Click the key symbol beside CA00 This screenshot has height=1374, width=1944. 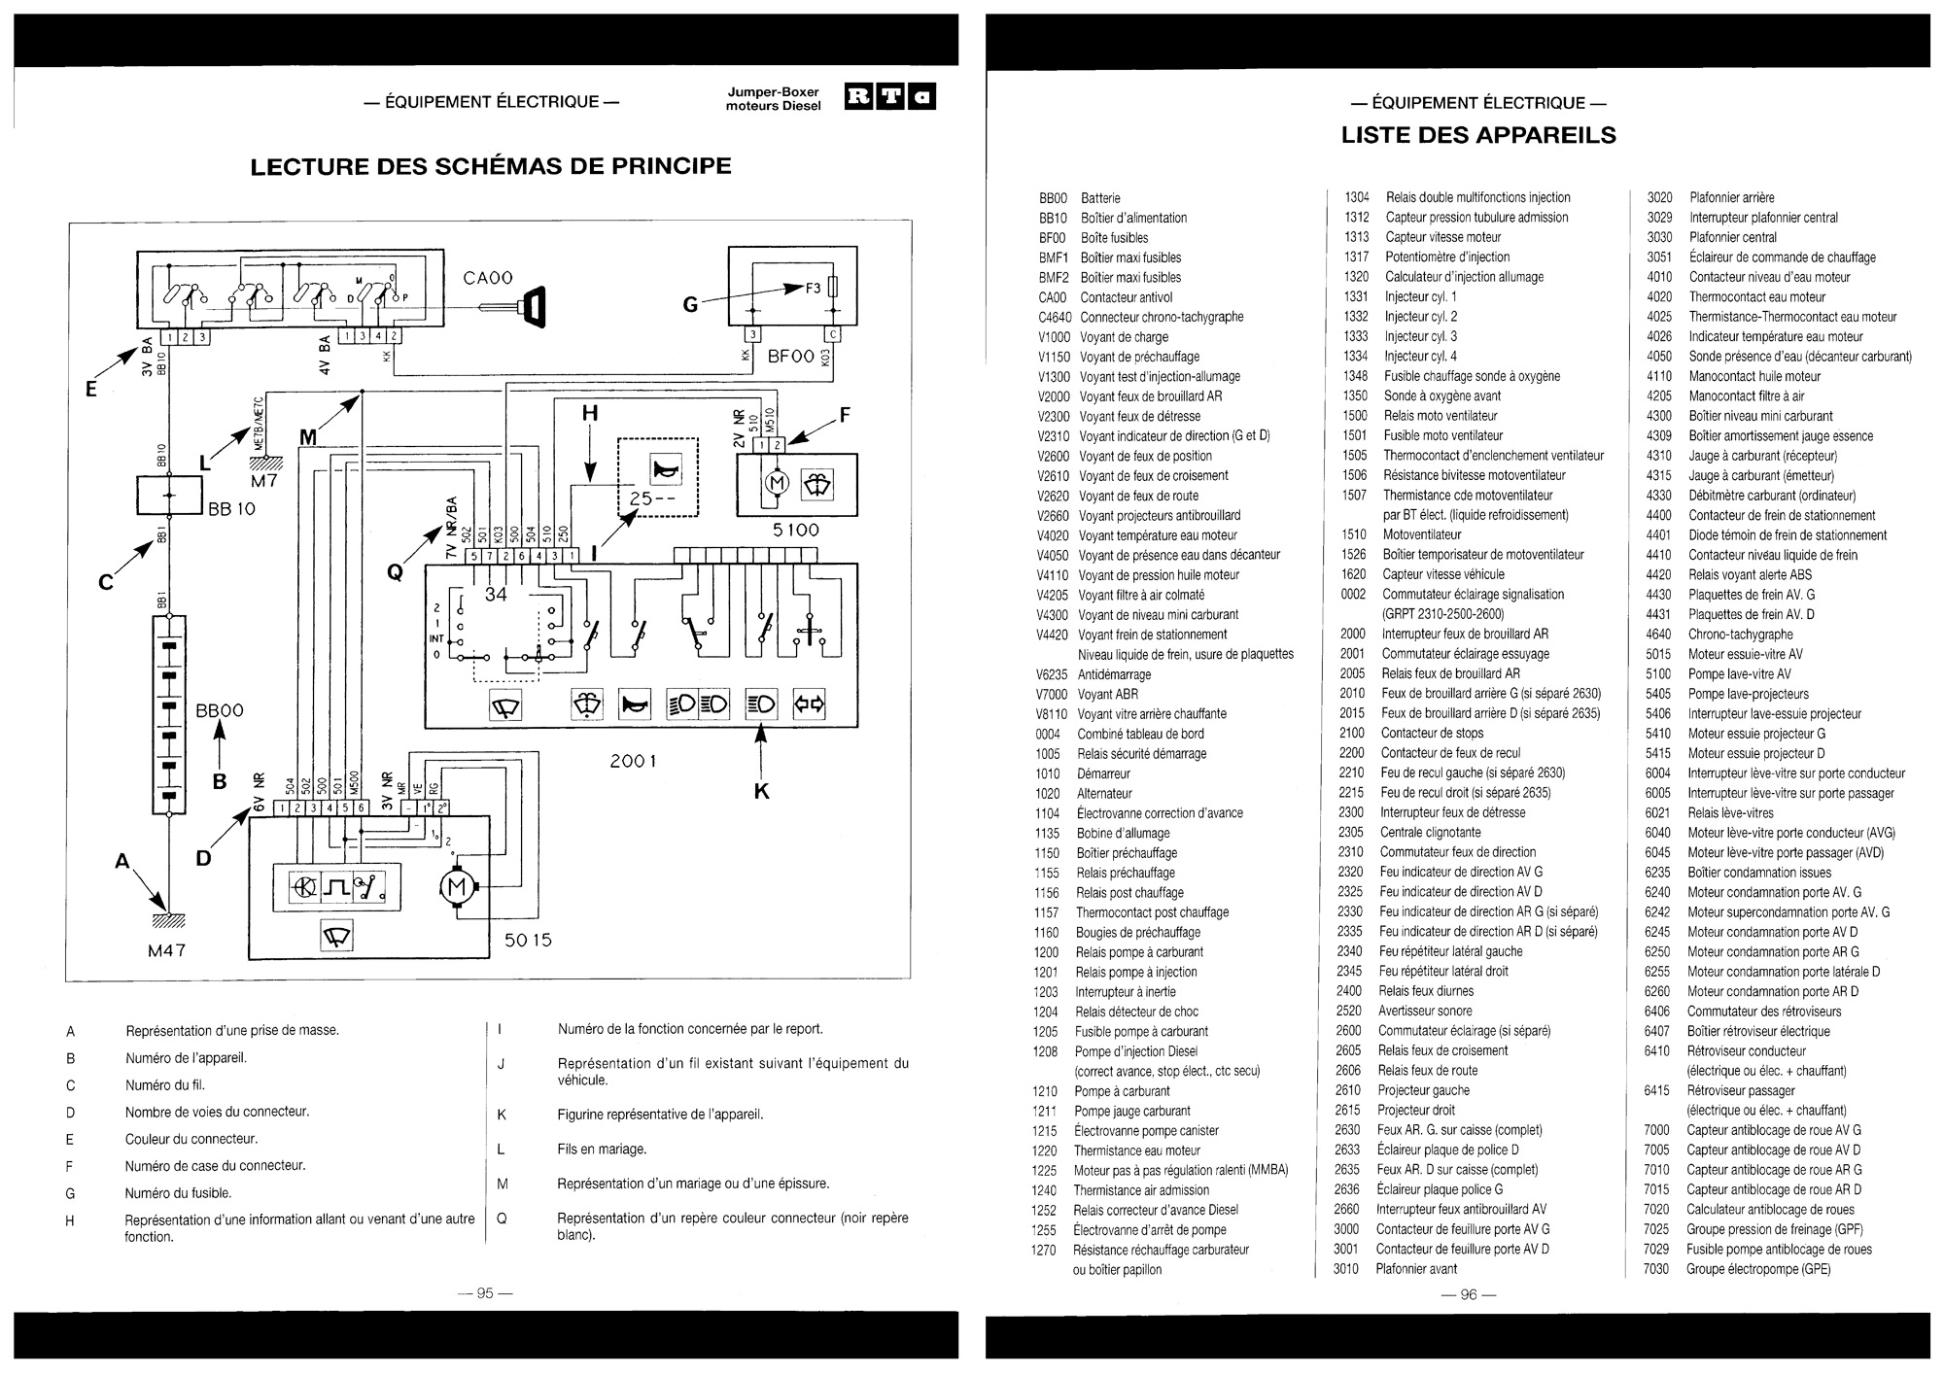(532, 308)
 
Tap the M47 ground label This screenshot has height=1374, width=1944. (166, 950)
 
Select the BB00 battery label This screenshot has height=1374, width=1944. (220, 710)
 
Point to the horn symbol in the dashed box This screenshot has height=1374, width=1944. (673, 469)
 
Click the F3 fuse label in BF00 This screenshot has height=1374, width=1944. (814, 288)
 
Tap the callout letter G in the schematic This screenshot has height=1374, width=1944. (690, 304)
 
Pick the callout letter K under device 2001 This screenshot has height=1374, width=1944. (761, 791)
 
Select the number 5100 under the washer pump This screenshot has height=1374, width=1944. (796, 530)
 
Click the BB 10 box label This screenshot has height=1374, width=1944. (231, 508)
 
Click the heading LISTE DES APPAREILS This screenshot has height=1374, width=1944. (1478, 135)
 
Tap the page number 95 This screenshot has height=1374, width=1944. (485, 1292)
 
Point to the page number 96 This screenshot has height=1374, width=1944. (1468, 1293)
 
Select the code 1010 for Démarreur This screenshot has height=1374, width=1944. (1048, 773)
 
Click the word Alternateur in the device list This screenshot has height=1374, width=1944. (1105, 793)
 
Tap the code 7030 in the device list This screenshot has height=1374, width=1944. (1656, 1268)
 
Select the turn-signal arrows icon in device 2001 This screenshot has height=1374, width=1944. (810, 704)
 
